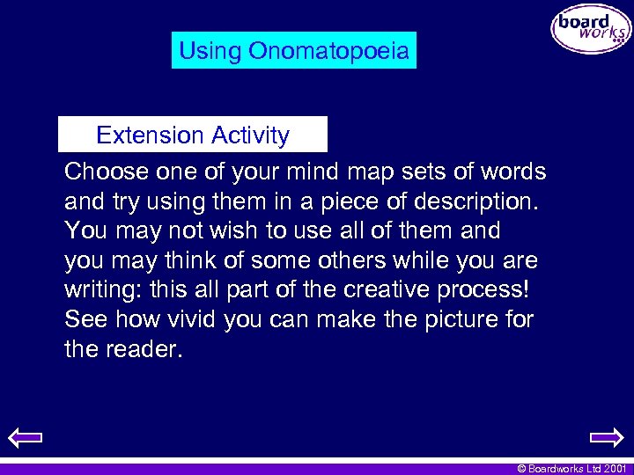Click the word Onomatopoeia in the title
click(x=328, y=51)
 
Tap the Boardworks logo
click(x=591, y=29)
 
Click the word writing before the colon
click(x=100, y=290)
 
